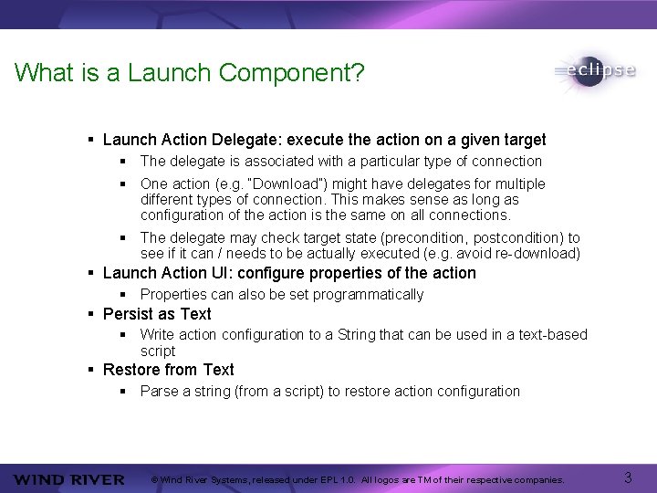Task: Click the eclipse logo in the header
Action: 594,71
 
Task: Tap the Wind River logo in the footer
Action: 68,479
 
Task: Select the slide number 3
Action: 628,477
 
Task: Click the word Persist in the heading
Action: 127,314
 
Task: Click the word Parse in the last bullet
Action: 159,391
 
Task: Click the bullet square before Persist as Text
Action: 91,314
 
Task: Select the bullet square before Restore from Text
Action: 91,370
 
